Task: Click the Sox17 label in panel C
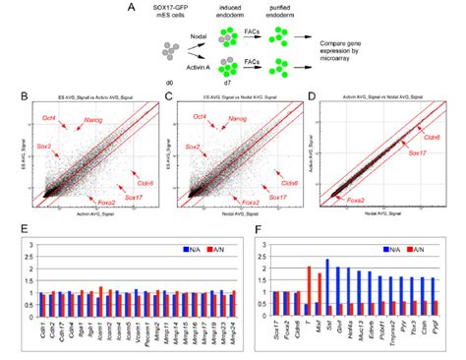[278, 197]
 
